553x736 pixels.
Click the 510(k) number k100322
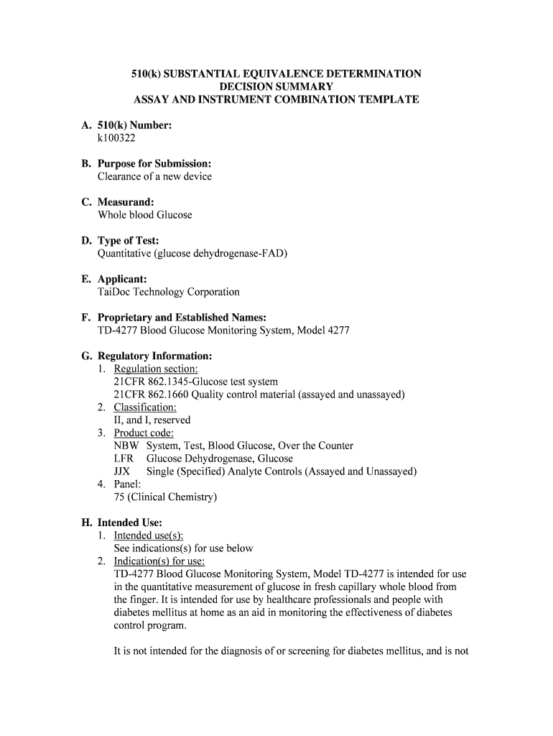coord(116,138)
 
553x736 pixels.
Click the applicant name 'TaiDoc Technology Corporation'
coord(169,292)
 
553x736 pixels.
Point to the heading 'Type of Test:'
coord(128,241)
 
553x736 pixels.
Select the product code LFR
coord(124,459)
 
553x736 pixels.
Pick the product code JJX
coord(122,471)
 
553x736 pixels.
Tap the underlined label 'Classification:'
coord(145,408)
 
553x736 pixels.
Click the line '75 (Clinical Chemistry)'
coord(165,497)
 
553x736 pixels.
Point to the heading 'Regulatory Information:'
coord(154,356)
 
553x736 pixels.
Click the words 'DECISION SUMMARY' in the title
coord(276,86)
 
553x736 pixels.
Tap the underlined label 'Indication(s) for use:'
coord(159,561)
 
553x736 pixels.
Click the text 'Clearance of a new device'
coord(154,176)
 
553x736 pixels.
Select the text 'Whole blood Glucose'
coord(145,215)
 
